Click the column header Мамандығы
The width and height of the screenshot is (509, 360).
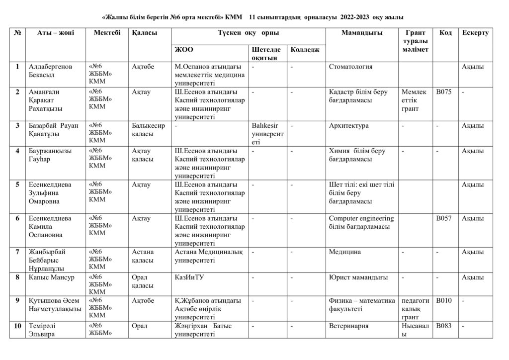pos(362,33)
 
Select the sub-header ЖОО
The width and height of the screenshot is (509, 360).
pos(184,49)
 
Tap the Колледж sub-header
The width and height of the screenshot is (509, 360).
pos(305,49)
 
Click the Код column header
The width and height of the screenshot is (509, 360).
pos(445,33)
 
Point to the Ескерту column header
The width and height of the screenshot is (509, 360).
pos(475,33)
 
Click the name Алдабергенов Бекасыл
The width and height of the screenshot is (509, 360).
pos(50,71)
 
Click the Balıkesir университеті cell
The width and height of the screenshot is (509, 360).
pos(268,134)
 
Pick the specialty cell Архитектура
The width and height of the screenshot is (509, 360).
pos(349,126)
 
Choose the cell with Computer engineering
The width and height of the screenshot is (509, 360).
pos(361,222)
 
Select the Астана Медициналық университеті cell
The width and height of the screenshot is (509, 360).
pos(209,256)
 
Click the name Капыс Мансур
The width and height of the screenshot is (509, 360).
pos(52,277)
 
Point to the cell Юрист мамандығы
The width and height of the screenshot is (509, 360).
pos(358,277)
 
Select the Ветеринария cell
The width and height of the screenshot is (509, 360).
pos(348,326)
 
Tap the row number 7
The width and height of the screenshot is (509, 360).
pos(18,252)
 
